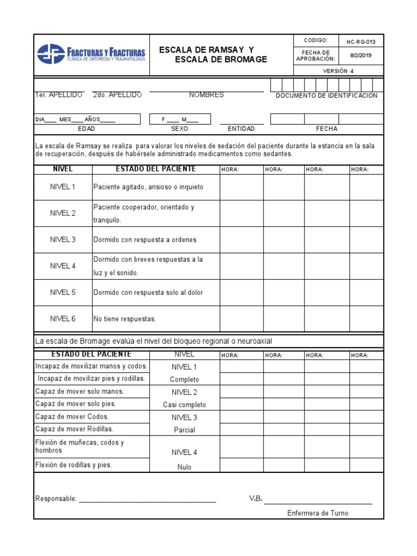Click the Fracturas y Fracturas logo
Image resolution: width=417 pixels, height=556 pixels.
click(x=91, y=54)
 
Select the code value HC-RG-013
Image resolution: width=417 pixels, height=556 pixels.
click(x=361, y=42)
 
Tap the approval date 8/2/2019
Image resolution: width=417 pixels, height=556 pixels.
click(x=361, y=55)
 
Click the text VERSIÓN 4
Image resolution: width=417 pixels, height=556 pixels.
click(x=338, y=71)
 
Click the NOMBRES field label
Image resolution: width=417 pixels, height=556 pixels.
click(x=206, y=95)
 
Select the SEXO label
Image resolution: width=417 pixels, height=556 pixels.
click(x=179, y=129)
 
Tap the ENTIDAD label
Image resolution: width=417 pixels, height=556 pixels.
click(x=241, y=129)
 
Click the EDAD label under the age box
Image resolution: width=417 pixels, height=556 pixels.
click(x=86, y=129)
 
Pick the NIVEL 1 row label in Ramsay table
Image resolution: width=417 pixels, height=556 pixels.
click(x=63, y=187)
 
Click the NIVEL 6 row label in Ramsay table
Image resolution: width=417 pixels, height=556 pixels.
click(x=63, y=319)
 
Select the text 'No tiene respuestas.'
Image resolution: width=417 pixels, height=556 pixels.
click(x=124, y=319)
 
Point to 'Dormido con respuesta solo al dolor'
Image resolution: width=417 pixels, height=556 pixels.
click(x=148, y=293)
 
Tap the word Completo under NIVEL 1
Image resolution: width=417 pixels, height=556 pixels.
click(x=185, y=380)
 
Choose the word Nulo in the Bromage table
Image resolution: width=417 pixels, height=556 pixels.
click(x=185, y=467)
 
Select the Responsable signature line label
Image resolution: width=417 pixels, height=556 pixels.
click(x=56, y=499)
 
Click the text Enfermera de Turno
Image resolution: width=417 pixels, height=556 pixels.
click(x=318, y=513)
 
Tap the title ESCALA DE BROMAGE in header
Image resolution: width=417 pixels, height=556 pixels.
click(x=221, y=60)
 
